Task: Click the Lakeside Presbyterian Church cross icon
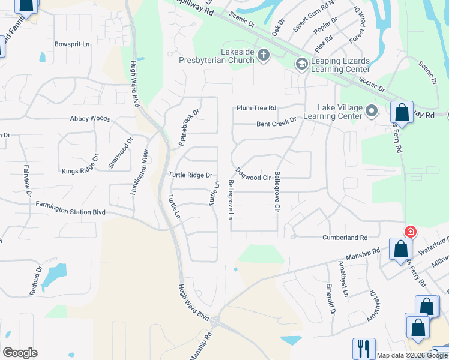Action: coord(263,56)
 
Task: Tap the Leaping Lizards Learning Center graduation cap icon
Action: coord(301,64)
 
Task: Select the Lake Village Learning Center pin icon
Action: coord(371,111)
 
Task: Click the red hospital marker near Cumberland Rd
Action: coord(411,232)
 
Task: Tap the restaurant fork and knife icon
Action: coord(364,348)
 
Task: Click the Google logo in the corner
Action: coord(20,353)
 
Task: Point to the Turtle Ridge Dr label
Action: coord(191,175)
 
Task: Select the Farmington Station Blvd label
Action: coord(70,211)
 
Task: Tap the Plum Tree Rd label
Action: coord(256,108)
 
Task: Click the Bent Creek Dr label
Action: coord(276,122)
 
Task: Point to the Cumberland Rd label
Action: coord(345,238)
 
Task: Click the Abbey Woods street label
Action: coord(90,119)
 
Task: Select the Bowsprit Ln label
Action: coord(71,44)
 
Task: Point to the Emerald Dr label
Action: coord(331,299)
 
